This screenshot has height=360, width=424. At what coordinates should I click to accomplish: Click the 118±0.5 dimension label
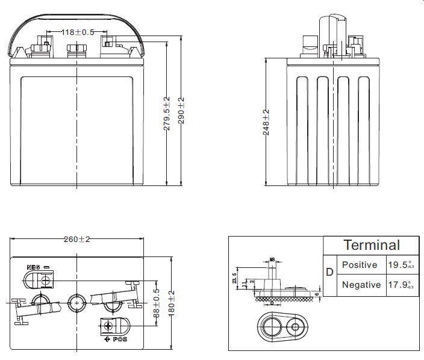(79, 32)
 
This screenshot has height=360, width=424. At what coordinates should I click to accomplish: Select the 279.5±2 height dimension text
(167, 113)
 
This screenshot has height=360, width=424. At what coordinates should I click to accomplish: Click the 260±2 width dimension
(76, 240)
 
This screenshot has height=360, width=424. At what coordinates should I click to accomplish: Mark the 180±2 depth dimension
(171, 301)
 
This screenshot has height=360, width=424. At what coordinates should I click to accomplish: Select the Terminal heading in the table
(371, 245)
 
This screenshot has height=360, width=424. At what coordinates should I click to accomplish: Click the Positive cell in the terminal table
(359, 265)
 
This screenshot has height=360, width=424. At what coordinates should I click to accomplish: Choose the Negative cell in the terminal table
(361, 285)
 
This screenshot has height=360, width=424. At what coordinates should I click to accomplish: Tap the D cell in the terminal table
(329, 272)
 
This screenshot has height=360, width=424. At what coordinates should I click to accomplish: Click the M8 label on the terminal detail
(272, 259)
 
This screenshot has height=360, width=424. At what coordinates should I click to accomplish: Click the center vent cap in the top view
(76, 302)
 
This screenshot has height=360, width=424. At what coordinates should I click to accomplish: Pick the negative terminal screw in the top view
(43, 279)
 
